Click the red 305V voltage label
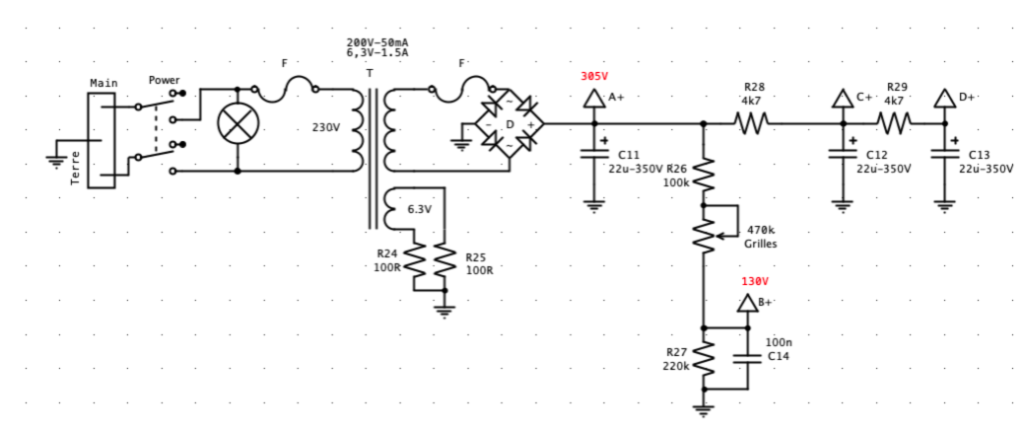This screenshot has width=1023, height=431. (x=594, y=76)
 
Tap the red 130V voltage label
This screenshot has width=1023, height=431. (x=755, y=281)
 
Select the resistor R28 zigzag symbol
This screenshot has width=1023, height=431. (x=751, y=123)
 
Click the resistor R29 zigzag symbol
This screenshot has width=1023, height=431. (x=894, y=123)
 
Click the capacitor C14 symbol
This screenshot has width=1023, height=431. (x=746, y=358)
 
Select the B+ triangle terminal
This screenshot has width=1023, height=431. (x=746, y=303)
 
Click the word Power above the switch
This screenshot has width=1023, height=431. (x=165, y=80)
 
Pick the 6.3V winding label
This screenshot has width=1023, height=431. (x=419, y=210)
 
